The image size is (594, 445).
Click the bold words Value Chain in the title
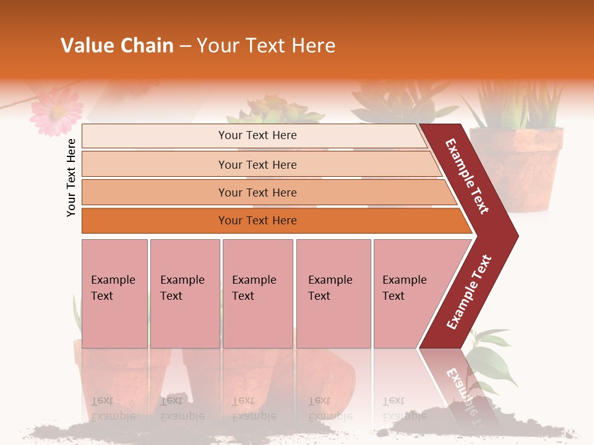point(117,46)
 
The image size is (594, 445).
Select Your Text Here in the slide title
point(266,46)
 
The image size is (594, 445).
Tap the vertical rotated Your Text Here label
point(71,177)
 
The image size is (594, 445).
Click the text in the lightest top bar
point(257,135)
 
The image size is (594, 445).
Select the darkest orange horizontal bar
point(272,221)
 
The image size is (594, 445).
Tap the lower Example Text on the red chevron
point(469,292)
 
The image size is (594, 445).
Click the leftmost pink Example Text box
point(114,294)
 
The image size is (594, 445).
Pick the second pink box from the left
point(184,294)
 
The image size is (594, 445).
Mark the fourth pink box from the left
point(334,294)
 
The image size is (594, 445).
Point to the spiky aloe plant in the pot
point(517,105)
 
